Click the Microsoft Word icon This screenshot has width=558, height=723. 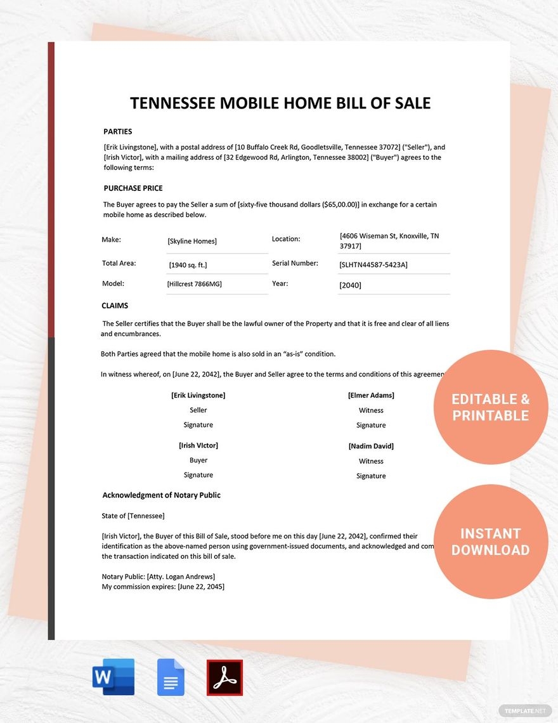click(114, 677)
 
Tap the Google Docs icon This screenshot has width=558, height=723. click(171, 677)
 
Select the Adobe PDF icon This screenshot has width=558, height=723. click(224, 677)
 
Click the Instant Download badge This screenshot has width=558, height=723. click(490, 542)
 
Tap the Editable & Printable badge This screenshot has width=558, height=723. click(490, 407)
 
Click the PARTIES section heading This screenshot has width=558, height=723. click(118, 132)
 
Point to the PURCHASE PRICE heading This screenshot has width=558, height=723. click(133, 188)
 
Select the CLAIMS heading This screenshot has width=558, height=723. click(115, 306)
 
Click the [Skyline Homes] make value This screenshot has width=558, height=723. click(192, 241)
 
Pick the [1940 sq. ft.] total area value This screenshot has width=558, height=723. click(188, 264)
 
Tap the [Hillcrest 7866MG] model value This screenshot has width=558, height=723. click(195, 284)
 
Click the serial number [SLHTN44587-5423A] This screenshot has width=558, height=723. click(373, 264)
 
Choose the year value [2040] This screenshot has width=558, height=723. click(350, 285)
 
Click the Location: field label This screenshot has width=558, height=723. click(286, 239)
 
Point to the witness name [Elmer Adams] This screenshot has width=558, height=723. click(371, 395)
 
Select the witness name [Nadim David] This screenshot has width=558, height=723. click(371, 446)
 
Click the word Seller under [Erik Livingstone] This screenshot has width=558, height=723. click(198, 410)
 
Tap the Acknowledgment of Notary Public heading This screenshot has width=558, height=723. click(162, 495)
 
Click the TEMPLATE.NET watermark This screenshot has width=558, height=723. click(526, 711)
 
